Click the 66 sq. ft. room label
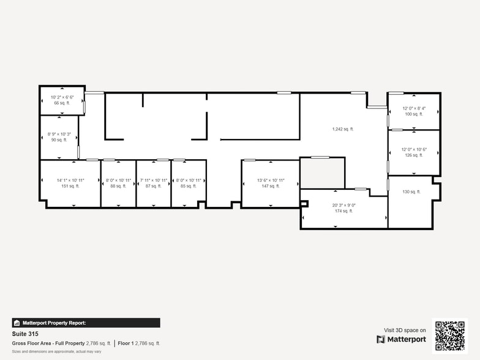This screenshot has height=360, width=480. click(x=62, y=103)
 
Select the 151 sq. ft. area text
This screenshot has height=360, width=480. click(x=70, y=186)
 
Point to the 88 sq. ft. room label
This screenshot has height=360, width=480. click(x=118, y=186)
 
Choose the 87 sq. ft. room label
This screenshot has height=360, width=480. click(x=153, y=186)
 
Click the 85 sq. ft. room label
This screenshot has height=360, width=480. click(x=188, y=186)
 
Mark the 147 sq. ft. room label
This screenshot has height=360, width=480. click(x=270, y=186)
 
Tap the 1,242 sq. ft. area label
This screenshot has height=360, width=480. click(x=343, y=129)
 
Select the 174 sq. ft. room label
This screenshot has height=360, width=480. click(x=343, y=211)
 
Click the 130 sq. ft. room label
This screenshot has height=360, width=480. click(x=411, y=192)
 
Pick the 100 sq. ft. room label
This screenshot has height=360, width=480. click(x=413, y=114)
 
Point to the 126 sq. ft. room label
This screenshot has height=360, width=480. click(x=413, y=156)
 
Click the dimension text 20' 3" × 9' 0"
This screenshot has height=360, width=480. click(x=343, y=206)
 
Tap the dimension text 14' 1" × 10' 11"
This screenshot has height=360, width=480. click(x=70, y=181)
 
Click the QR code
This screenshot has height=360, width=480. click(x=449, y=336)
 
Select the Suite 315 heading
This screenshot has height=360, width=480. click(x=24, y=334)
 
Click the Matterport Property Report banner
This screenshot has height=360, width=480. click(x=86, y=323)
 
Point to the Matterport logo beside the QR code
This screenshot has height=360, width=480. click(x=401, y=339)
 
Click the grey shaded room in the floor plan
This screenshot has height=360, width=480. click(x=322, y=173)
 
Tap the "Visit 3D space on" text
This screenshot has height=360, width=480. click(x=405, y=330)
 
